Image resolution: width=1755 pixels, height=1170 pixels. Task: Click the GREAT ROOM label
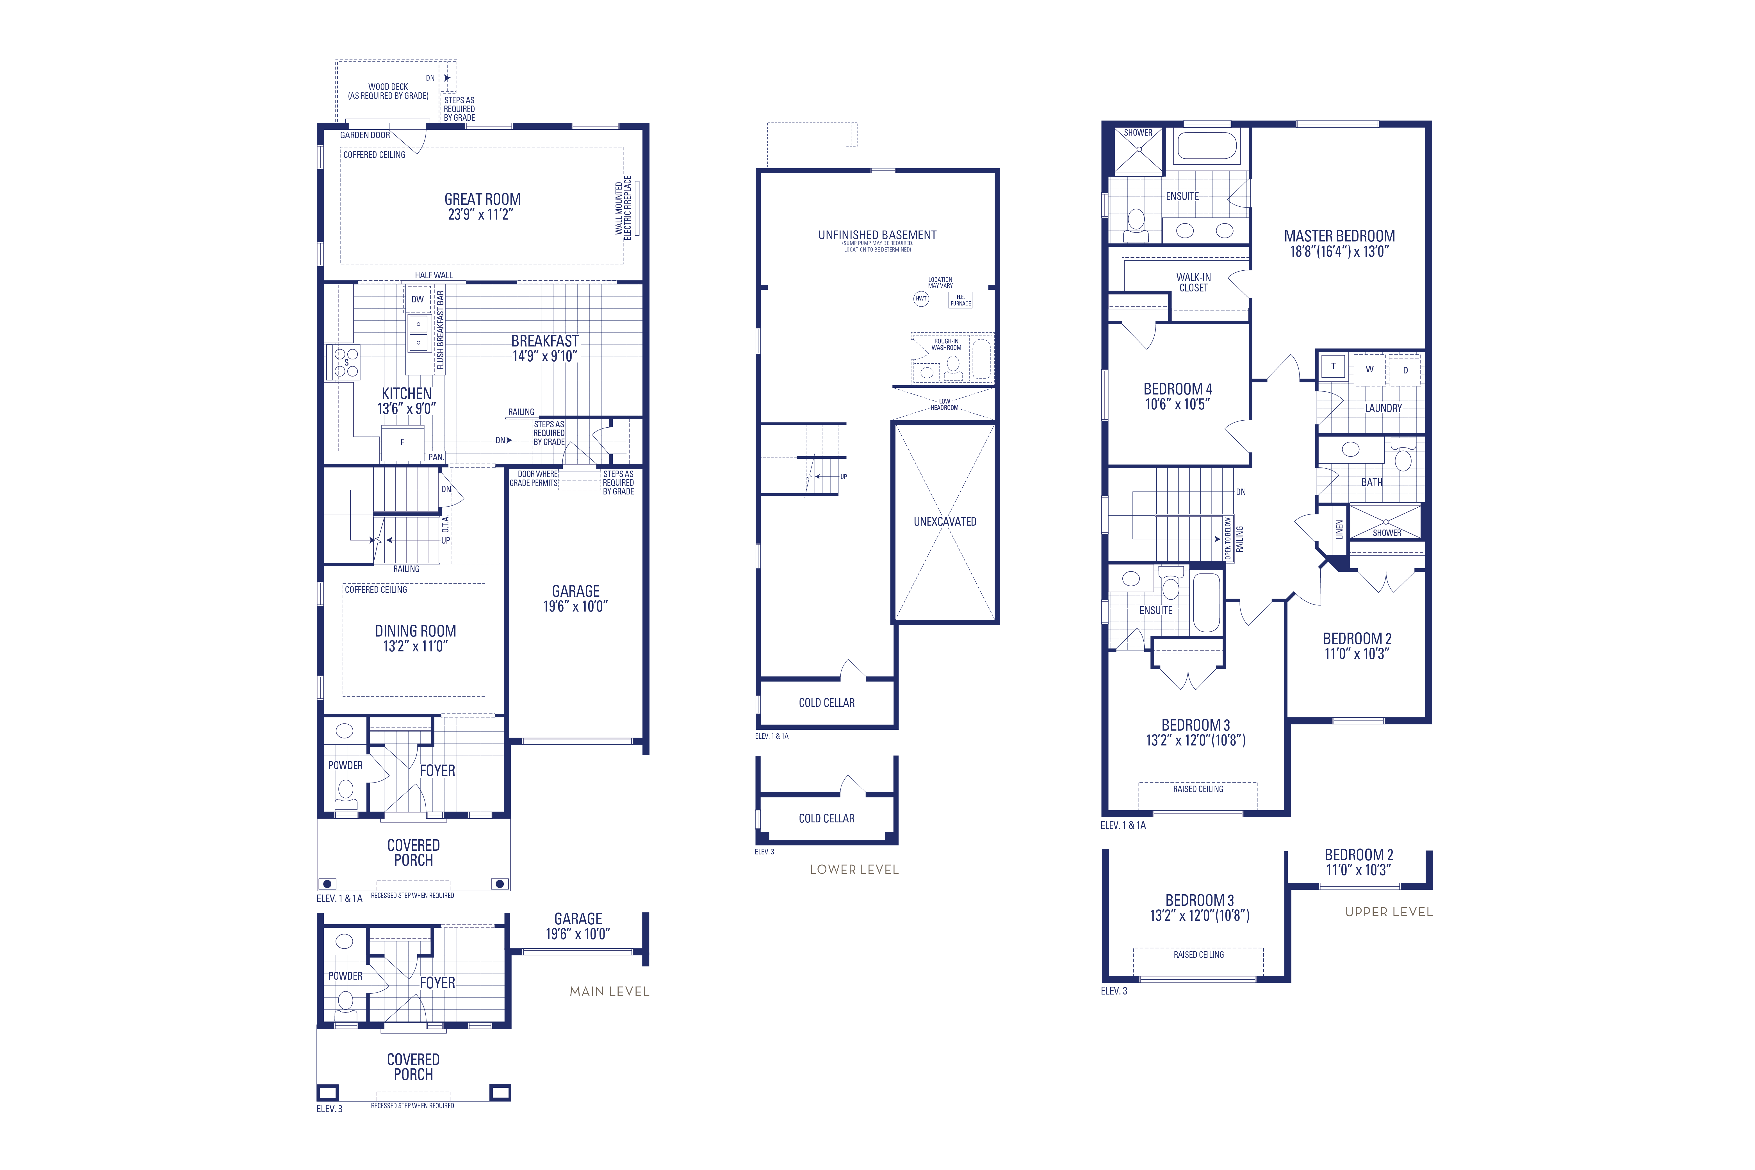pyautogui.click(x=482, y=199)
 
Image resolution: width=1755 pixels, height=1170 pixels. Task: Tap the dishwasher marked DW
pyautogui.click(x=417, y=299)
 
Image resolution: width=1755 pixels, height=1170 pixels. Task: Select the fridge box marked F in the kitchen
pyautogui.click(x=402, y=442)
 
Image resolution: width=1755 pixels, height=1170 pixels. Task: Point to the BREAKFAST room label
pyautogui.click(x=545, y=341)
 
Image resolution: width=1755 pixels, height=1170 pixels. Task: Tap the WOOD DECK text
pyautogui.click(x=388, y=86)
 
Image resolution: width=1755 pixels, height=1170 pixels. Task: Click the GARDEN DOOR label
pyautogui.click(x=365, y=135)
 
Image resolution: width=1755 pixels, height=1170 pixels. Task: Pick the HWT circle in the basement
pyautogui.click(x=921, y=298)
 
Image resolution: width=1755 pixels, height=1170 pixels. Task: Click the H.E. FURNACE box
pyautogui.click(x=960, y=300)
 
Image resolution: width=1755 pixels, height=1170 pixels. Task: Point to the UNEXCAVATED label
pyautogui.click(x=945, y=522)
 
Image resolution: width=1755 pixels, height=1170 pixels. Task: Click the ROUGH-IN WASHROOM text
pyautogui.click(x=946, y=344)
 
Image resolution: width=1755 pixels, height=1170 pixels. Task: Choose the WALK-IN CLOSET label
pyautogui.click(x=1193, y=282)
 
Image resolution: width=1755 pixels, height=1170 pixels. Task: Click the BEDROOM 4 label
pyautogui.click(x=1177, y=389)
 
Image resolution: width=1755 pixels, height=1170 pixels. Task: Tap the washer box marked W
pyautogui.click(x=1369, y=369)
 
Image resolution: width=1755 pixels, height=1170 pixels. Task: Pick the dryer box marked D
pyautogui.click(x=1405, y=370)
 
